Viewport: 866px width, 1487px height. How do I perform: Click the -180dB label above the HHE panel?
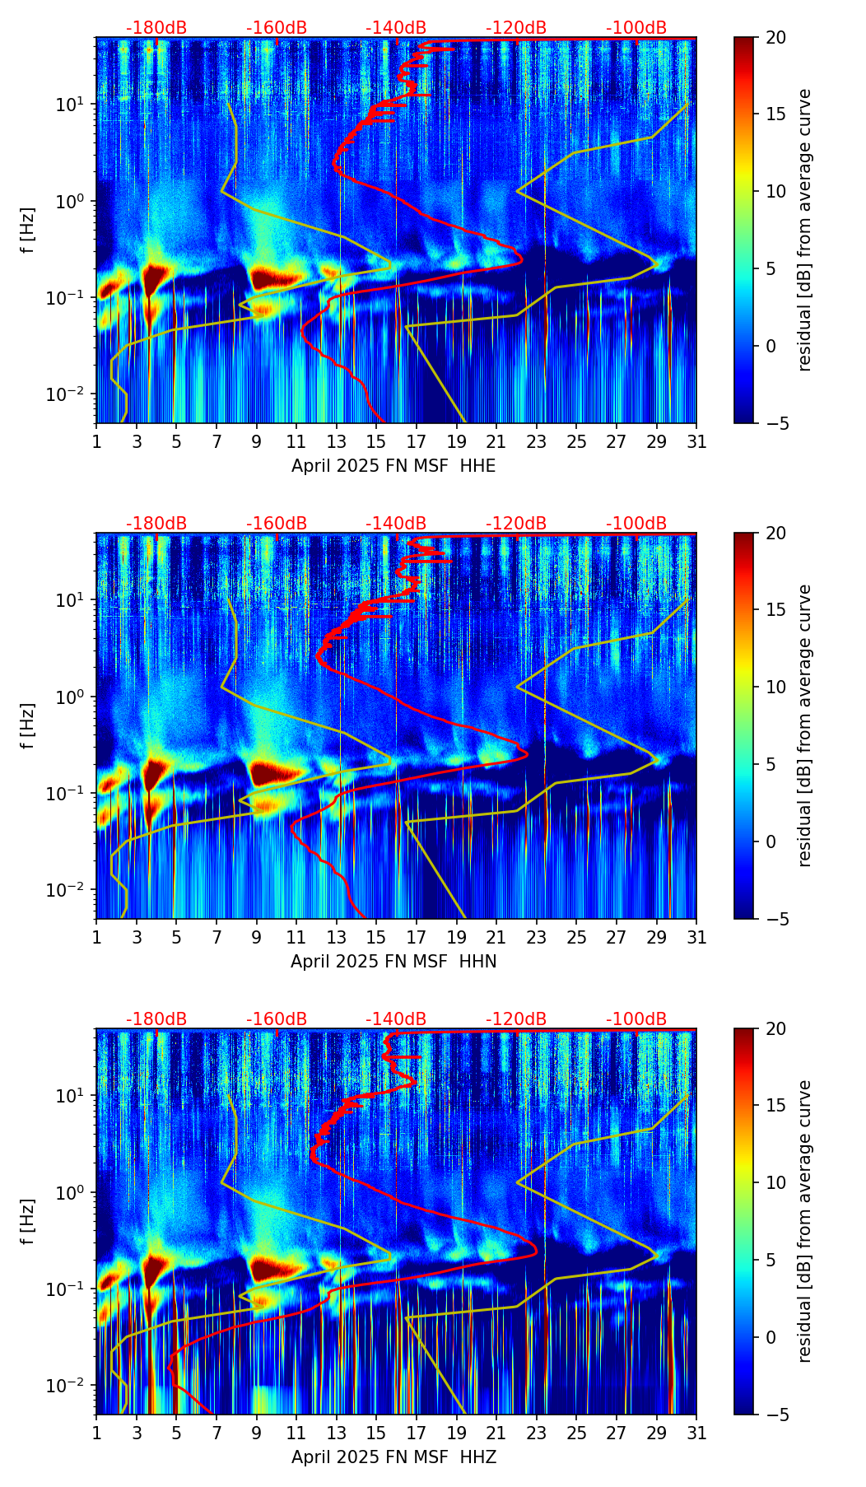tap(156, 28)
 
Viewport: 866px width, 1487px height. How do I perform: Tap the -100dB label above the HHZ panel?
tap(636, 1019)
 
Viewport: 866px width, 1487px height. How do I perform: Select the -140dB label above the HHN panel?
tap(396, 524)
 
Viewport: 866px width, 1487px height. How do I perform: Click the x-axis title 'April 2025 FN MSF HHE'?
tap(393, 466)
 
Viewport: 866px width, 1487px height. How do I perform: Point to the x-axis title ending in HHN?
tap(393, 962)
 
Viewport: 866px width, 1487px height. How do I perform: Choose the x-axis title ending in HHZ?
tap(393, 1457)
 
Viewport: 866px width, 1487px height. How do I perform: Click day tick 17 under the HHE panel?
tap(417, 441)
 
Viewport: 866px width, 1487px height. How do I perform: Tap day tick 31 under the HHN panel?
tap(696, 937)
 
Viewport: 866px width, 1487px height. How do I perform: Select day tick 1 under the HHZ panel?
tap(97, 1433)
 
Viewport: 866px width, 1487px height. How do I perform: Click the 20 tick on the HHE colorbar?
tap(775, 37)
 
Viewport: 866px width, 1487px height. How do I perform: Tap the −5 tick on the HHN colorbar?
tap(775, 918)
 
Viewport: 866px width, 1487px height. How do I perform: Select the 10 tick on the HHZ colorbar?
tap(775, 1182)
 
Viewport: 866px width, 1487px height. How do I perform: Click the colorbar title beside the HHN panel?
tap(804, 725)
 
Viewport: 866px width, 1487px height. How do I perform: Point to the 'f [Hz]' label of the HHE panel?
tap(28, 231)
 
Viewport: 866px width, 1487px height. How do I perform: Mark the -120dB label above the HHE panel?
tap(516, 28)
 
